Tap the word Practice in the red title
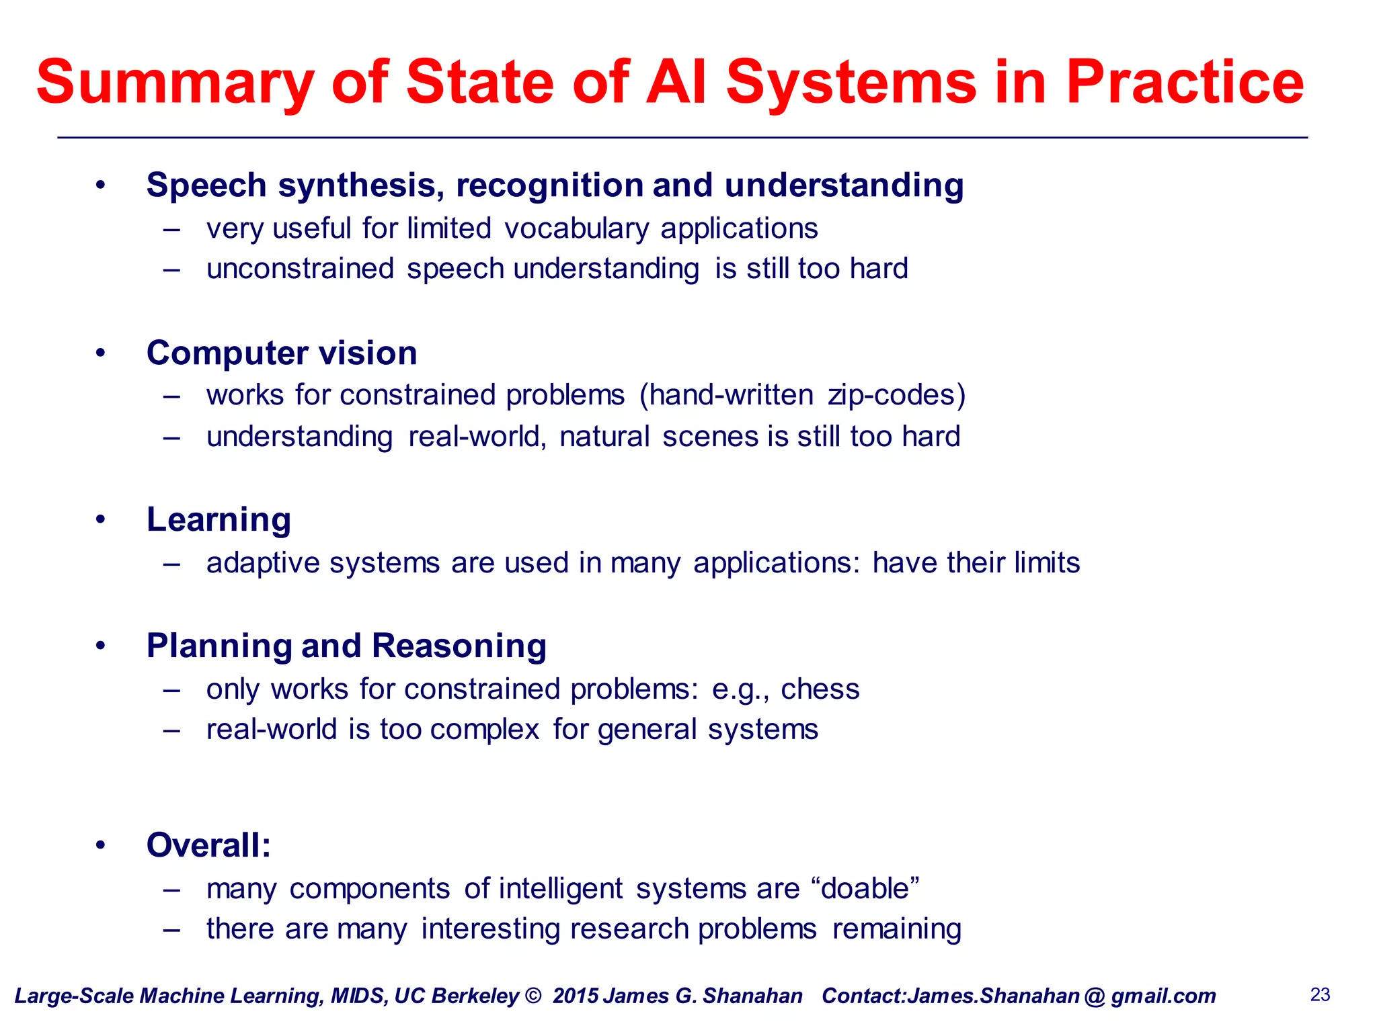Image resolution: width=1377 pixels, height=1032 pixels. click(1185, 83)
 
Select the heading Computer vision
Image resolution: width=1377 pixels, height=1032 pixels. click(282, 353)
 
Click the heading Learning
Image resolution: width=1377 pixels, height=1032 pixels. click(219, 520)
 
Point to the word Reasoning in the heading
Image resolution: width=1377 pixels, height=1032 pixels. click(459, 646)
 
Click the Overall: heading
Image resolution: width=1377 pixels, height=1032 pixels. click(208, 845)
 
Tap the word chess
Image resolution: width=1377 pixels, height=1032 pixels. click(820, 689)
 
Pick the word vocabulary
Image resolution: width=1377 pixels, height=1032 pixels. click(577, 229)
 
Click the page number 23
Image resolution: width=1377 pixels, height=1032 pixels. click(1320, 994)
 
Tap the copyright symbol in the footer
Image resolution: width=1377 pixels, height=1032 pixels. click(533, 996)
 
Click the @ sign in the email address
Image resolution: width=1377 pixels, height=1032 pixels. click(1095, 996)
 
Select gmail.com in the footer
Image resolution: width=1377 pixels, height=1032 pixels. click(1163, 996)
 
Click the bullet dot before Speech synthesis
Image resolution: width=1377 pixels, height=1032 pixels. click(100, 185)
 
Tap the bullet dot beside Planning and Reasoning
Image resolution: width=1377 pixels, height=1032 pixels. click(100, 646)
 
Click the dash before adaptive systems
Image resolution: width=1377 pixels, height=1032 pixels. click(172, 564)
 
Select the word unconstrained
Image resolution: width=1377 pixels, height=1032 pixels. click(300, 269)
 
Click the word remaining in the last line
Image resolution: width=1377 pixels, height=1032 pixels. click(896, 930)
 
